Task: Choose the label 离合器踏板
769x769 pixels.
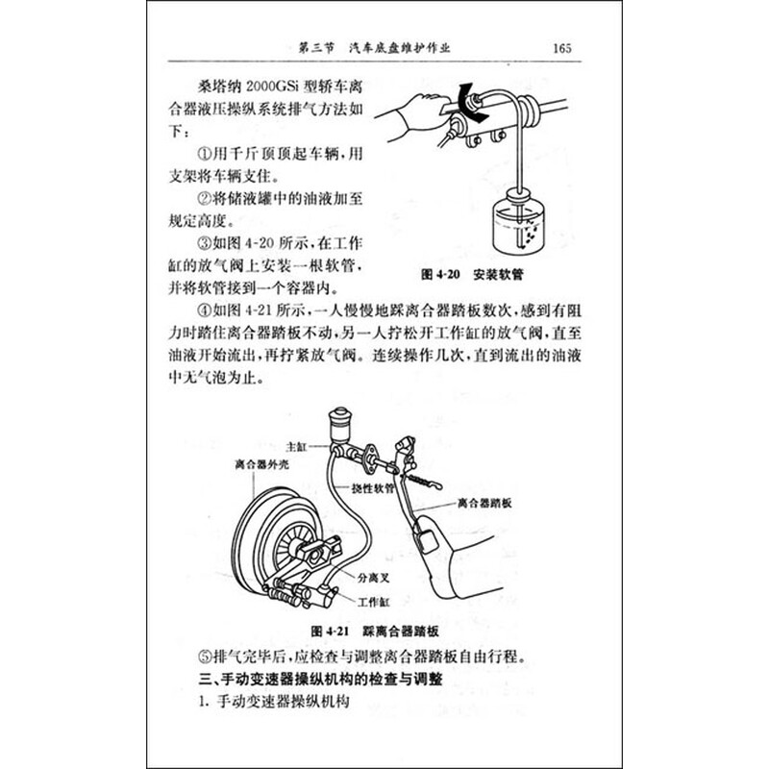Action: coord(487,502)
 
